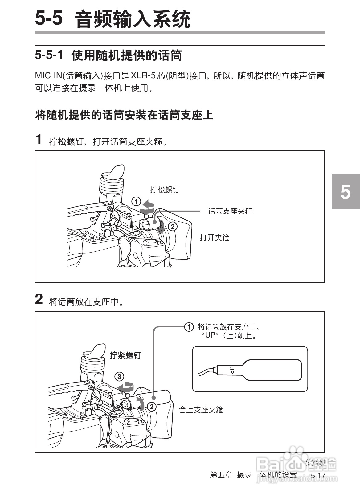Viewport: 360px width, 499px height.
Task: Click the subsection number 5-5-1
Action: tap(49, 55)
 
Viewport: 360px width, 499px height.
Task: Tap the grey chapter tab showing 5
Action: tap(346, 192)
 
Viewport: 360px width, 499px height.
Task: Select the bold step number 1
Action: tap(39, 139)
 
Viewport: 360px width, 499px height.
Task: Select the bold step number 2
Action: tap(39, 299)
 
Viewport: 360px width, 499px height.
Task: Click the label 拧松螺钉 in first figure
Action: tap(165, 189)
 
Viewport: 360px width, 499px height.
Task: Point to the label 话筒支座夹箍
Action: tap(230, 211)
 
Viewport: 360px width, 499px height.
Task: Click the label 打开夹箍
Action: tap(215, 237)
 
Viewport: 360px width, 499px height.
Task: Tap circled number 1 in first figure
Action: tap(136, 202)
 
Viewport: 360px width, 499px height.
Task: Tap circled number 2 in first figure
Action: tap(172, 227)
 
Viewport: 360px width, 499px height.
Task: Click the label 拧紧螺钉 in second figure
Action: tap(125, 355)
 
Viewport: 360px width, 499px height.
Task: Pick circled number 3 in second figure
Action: tap(119, 376)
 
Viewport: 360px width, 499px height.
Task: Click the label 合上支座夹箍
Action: tap(201, 410)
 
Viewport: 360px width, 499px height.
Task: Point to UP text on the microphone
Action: tap(232, 370)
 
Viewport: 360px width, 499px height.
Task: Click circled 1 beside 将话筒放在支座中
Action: tap(189, 327)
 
